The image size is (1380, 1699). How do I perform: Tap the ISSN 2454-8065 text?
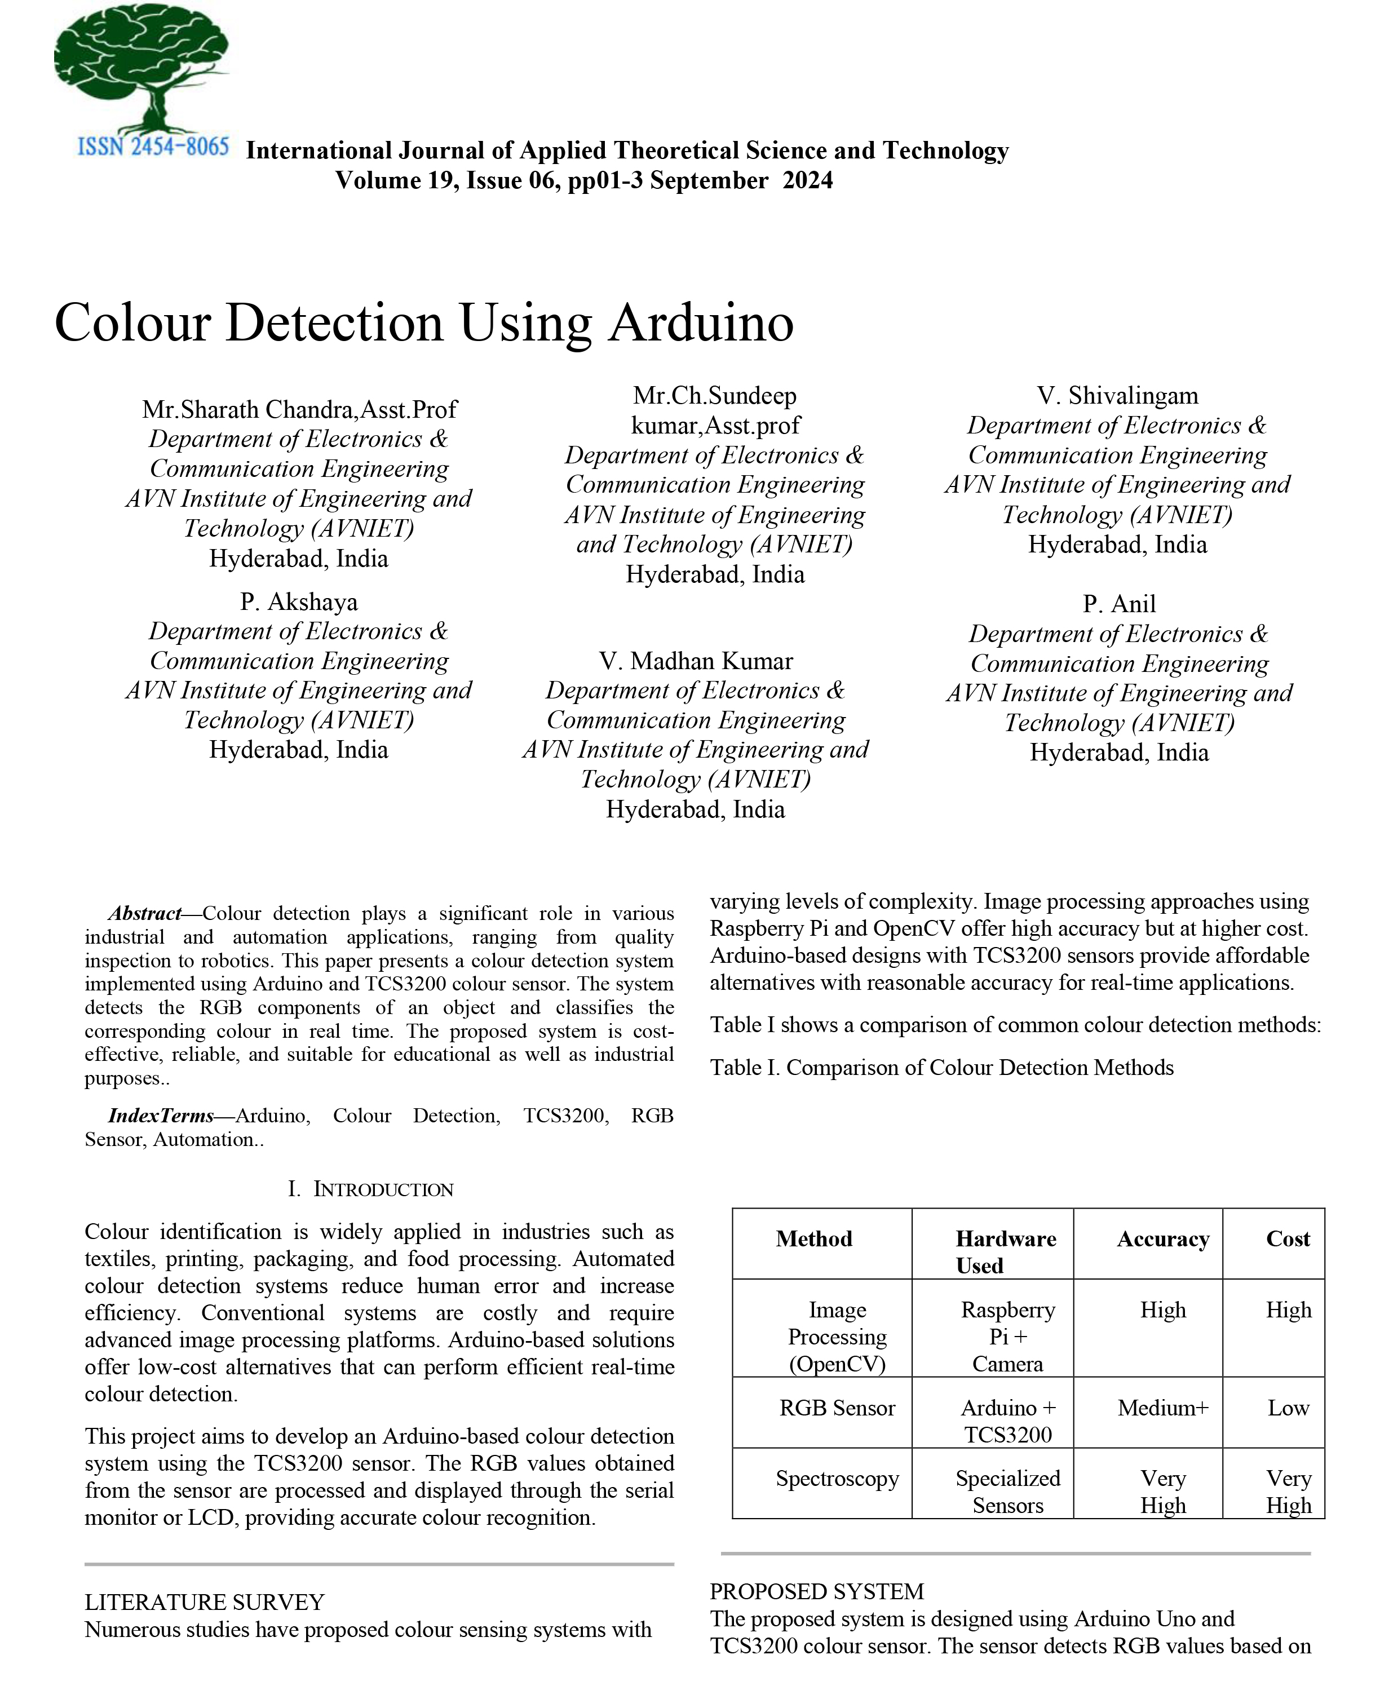click(x=153, y=147)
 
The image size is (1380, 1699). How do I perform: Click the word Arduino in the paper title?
click(x=701, y=323)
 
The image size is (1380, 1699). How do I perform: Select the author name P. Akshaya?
click(x=299, y=602)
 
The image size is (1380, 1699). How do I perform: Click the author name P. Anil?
click(x=1118, y=604)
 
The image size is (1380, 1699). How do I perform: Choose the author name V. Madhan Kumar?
click(x=696, y=661)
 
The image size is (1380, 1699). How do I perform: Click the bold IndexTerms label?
click(x=161, y=1116)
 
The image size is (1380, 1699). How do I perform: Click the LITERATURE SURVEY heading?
click(x=204, y=1602)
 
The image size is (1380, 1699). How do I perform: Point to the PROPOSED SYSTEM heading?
click(x=816, y=1592)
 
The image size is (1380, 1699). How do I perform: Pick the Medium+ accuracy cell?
click(x=1163, y=1408)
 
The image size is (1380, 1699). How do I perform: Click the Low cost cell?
click(x=1288, y=1408)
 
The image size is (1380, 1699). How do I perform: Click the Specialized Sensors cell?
click(x=1008, y=1492)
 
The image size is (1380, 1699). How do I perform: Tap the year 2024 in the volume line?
click(x=808, y=180)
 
